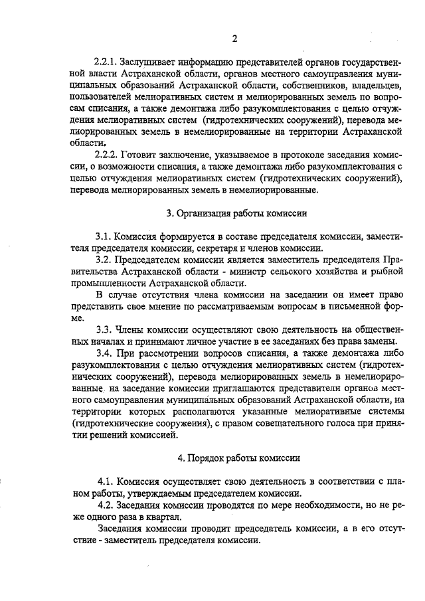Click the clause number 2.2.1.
tap(107, 62)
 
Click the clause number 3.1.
tap(103, 236)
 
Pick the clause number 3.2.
tap(103, 259)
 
